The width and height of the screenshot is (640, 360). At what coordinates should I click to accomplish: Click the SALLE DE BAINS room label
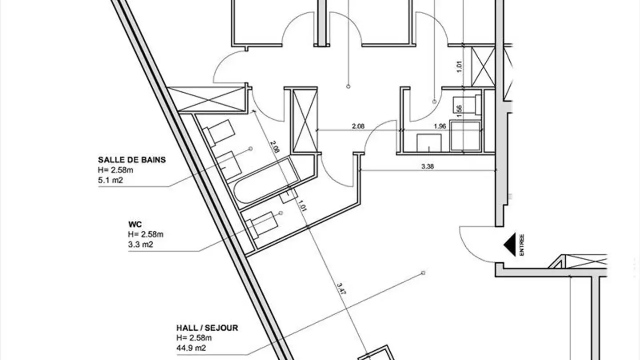[x=132, y=160]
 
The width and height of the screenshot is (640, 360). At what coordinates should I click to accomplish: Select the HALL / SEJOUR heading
[x=207, y=328]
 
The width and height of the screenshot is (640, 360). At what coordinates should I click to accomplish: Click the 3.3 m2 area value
[x=140, y=244]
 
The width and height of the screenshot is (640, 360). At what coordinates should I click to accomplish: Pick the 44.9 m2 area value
[x=191, y=348]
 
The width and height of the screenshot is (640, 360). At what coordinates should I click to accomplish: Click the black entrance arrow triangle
[x=509, y=245]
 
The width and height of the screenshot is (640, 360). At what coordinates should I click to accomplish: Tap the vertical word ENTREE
[x=522, y=245]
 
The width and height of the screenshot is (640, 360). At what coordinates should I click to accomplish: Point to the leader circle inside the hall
[x=423, y=272]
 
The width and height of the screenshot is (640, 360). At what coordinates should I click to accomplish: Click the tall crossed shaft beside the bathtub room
[x=304, y=120]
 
